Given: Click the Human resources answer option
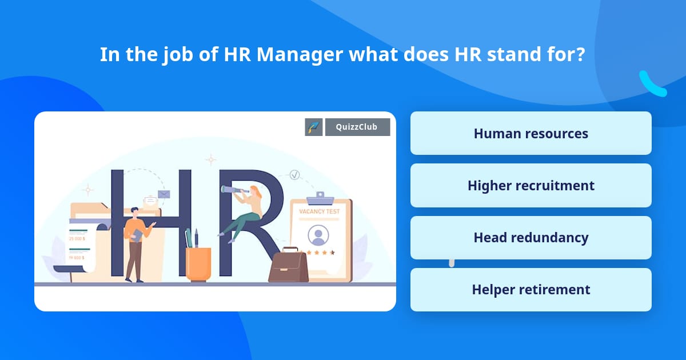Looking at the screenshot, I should click(x=531, y=133).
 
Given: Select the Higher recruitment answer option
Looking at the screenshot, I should click(x=531, y=185).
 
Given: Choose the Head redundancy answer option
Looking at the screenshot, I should click(x=531, y=237).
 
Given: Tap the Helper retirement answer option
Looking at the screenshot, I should click(x=531, y=289).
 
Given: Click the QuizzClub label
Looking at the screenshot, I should click(x=357, y=127).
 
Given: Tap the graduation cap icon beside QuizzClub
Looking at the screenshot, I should click(x=314, y=127).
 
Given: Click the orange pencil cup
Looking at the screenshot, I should click(x=198, y=263).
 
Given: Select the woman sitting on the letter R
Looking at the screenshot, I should click(x=247, y=211).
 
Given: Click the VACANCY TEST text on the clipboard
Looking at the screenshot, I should click(x=320, y=211).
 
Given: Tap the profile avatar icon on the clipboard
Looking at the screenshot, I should click(x=318, y=234).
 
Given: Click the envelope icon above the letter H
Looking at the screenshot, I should click(x=164, y=194).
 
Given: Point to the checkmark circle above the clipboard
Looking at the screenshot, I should click(x=294, y=174).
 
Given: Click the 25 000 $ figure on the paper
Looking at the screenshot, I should click(x=76, y=238).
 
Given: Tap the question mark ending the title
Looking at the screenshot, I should click(x=580, y=55).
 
